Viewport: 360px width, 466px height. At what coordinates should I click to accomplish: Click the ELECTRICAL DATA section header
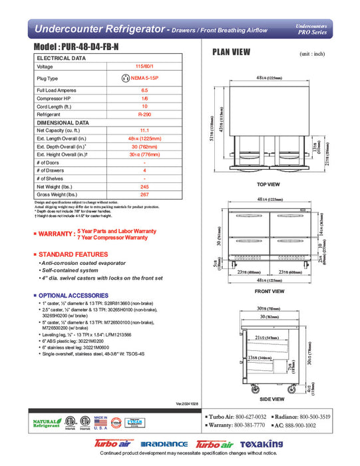click(61, 59)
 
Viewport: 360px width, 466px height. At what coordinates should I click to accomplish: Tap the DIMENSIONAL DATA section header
click(63, 122)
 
